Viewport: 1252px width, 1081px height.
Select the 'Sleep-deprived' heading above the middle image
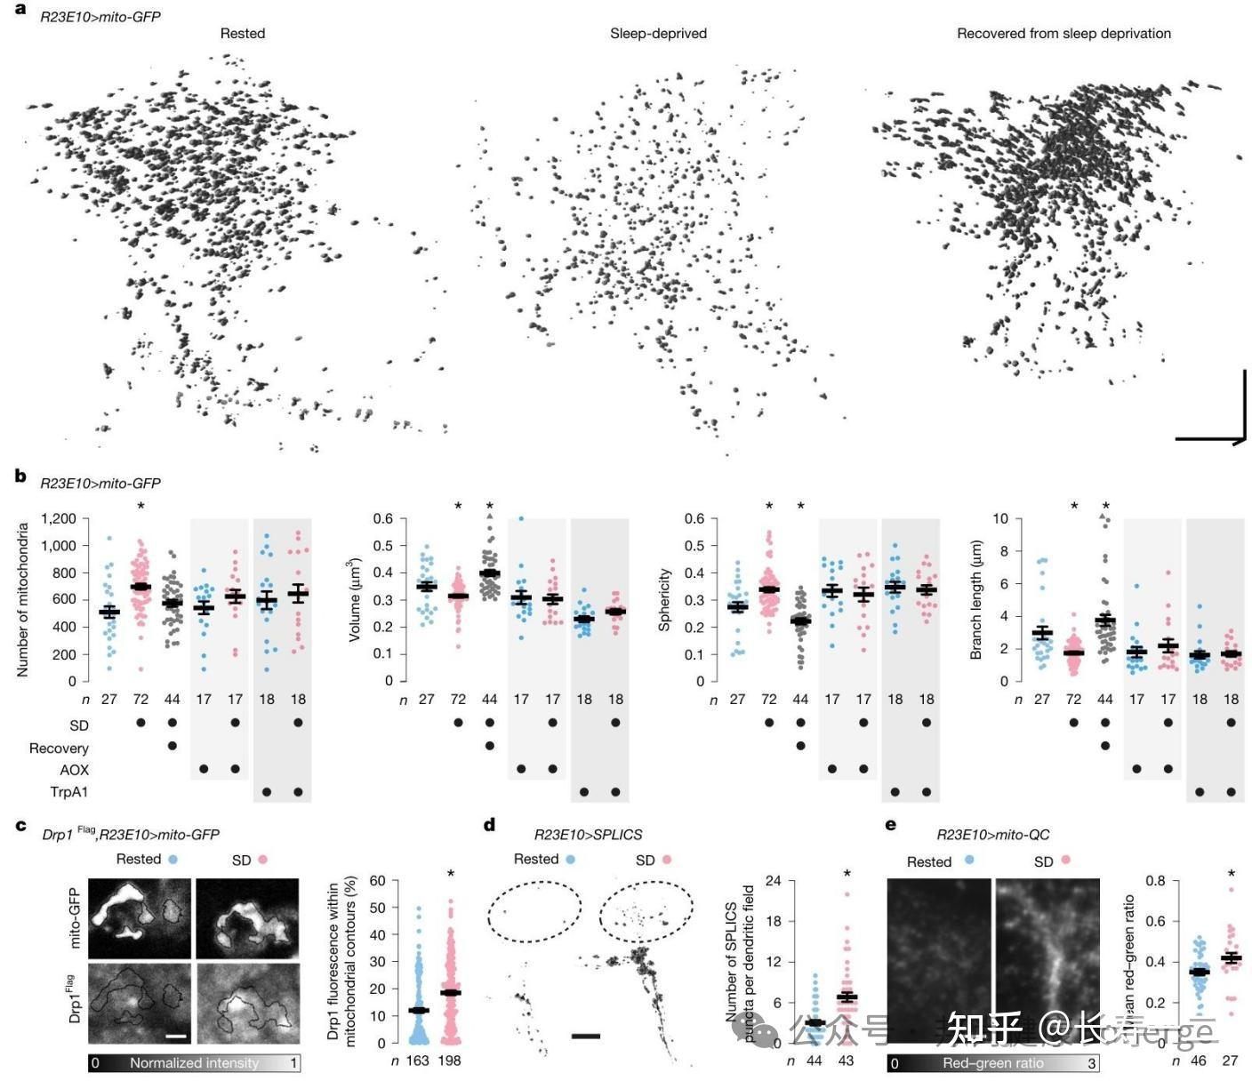click(x=658, y=34)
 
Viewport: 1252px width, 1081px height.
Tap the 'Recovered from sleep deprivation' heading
click(x=1063, y=34)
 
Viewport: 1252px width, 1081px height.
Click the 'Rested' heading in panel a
click(x=243, y=34)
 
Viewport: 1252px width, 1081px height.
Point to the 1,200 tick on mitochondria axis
click(x=59, y=518)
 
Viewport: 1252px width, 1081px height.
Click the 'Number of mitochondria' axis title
click(x=23, y=600)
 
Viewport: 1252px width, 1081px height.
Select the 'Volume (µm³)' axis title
click(x=355, y=600)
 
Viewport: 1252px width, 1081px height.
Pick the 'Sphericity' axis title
click(x=663, y=600)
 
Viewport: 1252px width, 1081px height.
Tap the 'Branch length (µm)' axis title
click(x=975, y=600)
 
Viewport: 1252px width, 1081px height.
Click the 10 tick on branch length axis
click(x=1000, y=518)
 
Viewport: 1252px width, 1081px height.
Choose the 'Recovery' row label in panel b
click(x=59, y=749)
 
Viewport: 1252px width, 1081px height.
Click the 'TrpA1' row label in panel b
click(x=69, y=792)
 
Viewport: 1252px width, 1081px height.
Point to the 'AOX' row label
click(x=75, y=770)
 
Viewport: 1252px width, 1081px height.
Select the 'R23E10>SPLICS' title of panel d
click(x=588, y=835)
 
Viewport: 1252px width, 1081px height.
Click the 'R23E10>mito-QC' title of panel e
click(x=992, y=835)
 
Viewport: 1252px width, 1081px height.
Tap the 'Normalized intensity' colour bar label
click(x=194, y=1063)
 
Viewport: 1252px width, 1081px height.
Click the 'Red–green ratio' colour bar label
click(x=993, y=1063)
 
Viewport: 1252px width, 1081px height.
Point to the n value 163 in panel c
click(x=417, y=1061)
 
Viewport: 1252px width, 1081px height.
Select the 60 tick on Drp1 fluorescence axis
click(x=378, y=881)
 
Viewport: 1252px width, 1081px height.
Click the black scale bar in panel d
click(x=586, y=1036)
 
